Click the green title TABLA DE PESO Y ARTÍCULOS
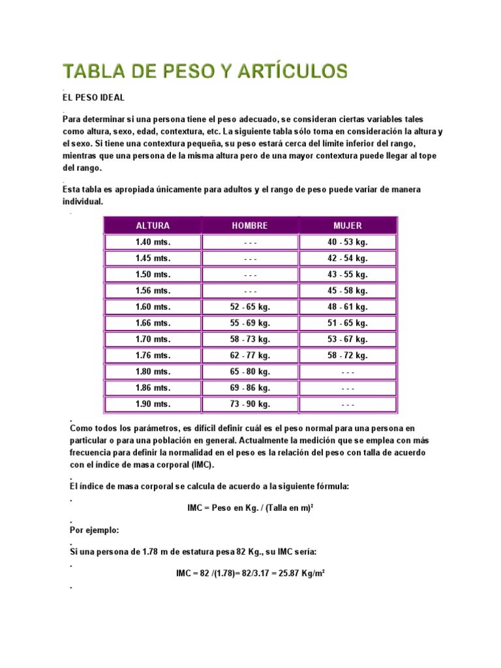click(x=205, y=70)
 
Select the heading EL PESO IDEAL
click(x=93, y=98)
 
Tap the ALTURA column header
click(x=153, y=226)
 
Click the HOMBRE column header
click(x=250, y=226)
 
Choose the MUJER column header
click(x=348, y=226)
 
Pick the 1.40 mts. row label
click(x=153, y=242)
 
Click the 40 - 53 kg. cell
click(x=348, y=242)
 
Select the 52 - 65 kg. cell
click(x=250, y=307)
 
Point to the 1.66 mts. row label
click(x=153, y=323)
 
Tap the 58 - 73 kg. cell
click(x=250, y=339)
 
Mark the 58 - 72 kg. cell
click(x=348, y=356)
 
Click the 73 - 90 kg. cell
click(x=250, y=404)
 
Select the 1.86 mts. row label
click(x=153, y=388)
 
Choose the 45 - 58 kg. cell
click(x=348, y=290)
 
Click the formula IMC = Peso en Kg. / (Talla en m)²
click(x=250, y=507)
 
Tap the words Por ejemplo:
click(x=95, y=530)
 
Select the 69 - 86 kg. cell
click(x=250, y=388)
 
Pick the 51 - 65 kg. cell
click(x=348, y=323)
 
